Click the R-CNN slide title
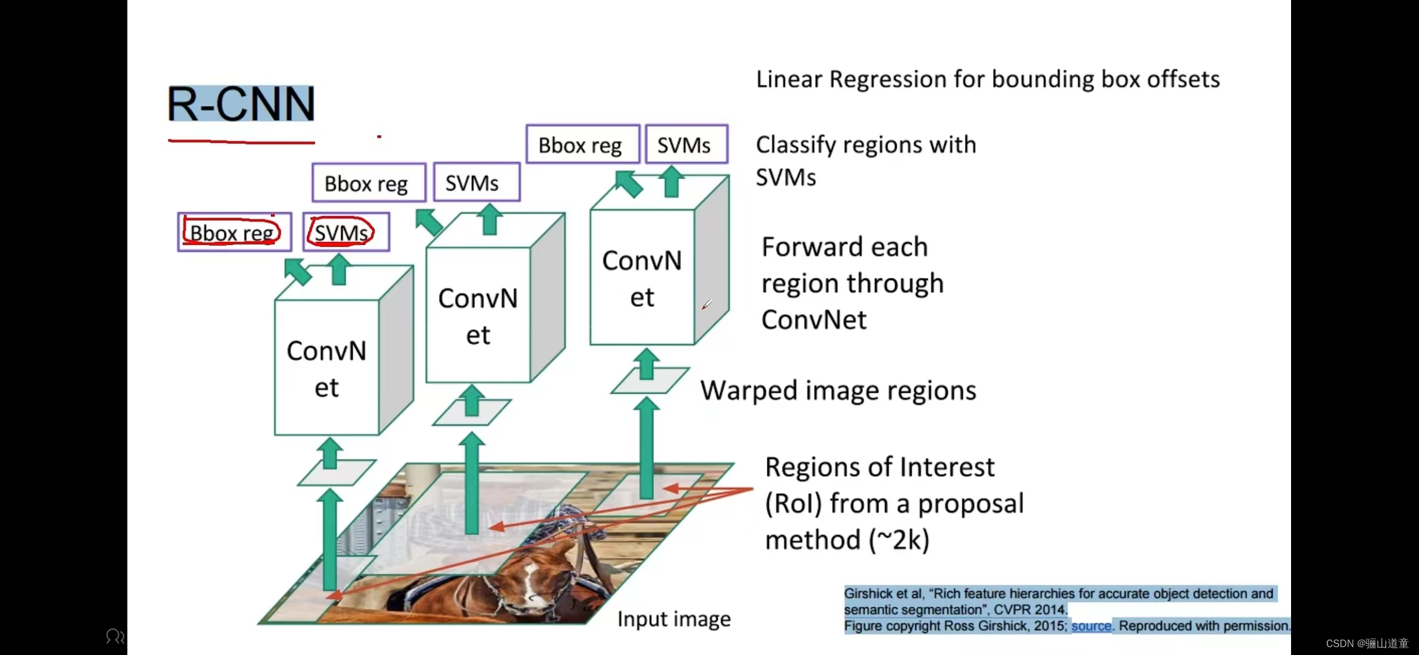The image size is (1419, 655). click(x=241, y=104)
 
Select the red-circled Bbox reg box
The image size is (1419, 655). click(x=233, y=232)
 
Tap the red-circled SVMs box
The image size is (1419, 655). click(x=342, y=232)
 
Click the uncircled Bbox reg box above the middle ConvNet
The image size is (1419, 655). click(x=368, y=183)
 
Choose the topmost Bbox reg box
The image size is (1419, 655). click(x=582, y=145)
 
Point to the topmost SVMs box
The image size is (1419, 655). click(x=686, y=145)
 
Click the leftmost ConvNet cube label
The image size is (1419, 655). click(x=326, y=369)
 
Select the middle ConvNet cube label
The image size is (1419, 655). click(x=478, y=316)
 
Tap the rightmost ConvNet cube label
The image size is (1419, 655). click(x=642, y=278)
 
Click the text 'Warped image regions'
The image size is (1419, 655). click(x=838, y=391)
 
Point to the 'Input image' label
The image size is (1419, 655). click(x=674, y=619)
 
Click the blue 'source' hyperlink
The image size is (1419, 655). click(x=1091, y=626)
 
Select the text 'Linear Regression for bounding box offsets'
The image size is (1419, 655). click(x=987, y=79)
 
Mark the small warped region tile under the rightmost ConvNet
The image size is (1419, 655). click(x=649, y=381)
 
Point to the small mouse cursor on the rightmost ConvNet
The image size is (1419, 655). click(x=706, y=304)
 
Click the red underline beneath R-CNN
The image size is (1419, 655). click(x=241, y=142)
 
